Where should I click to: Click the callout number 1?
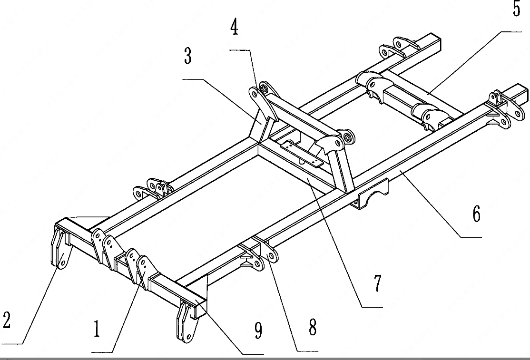point(97,329)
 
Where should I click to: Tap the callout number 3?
point(188,56)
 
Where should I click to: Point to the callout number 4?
point(234,28)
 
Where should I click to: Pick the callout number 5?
point(517,9)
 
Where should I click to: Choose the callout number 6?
point(476,214)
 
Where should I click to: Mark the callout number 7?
point(377,283)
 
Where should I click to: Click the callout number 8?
point(312,328)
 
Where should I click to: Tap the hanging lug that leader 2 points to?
point(59,250)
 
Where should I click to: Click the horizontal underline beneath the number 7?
point(372,307)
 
